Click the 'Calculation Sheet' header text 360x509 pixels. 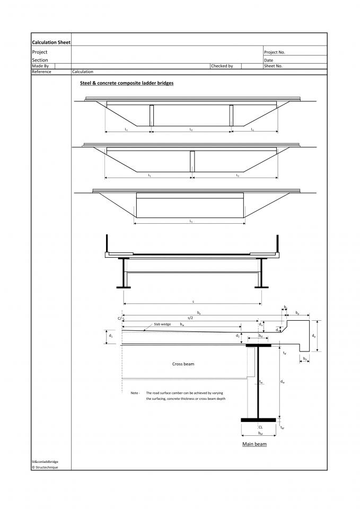point(51,42)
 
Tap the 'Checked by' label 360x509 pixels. point(222,66)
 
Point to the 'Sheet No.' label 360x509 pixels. point(274,66)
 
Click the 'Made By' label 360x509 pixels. point(40,66)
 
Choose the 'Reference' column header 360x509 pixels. point(42,72)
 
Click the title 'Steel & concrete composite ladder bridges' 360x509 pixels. point(127,83)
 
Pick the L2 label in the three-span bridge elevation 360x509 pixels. point(191,129)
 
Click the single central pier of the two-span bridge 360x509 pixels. point(192,161)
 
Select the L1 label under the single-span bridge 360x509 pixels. point(190,221)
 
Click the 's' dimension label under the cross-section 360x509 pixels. point(193,301)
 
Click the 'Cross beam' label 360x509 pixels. point(183,364)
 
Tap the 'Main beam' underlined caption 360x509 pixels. point(254,444)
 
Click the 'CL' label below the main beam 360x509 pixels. point(260,426)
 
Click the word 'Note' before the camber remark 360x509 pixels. point(135,393)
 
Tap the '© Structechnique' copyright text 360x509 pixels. point(45,467)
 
